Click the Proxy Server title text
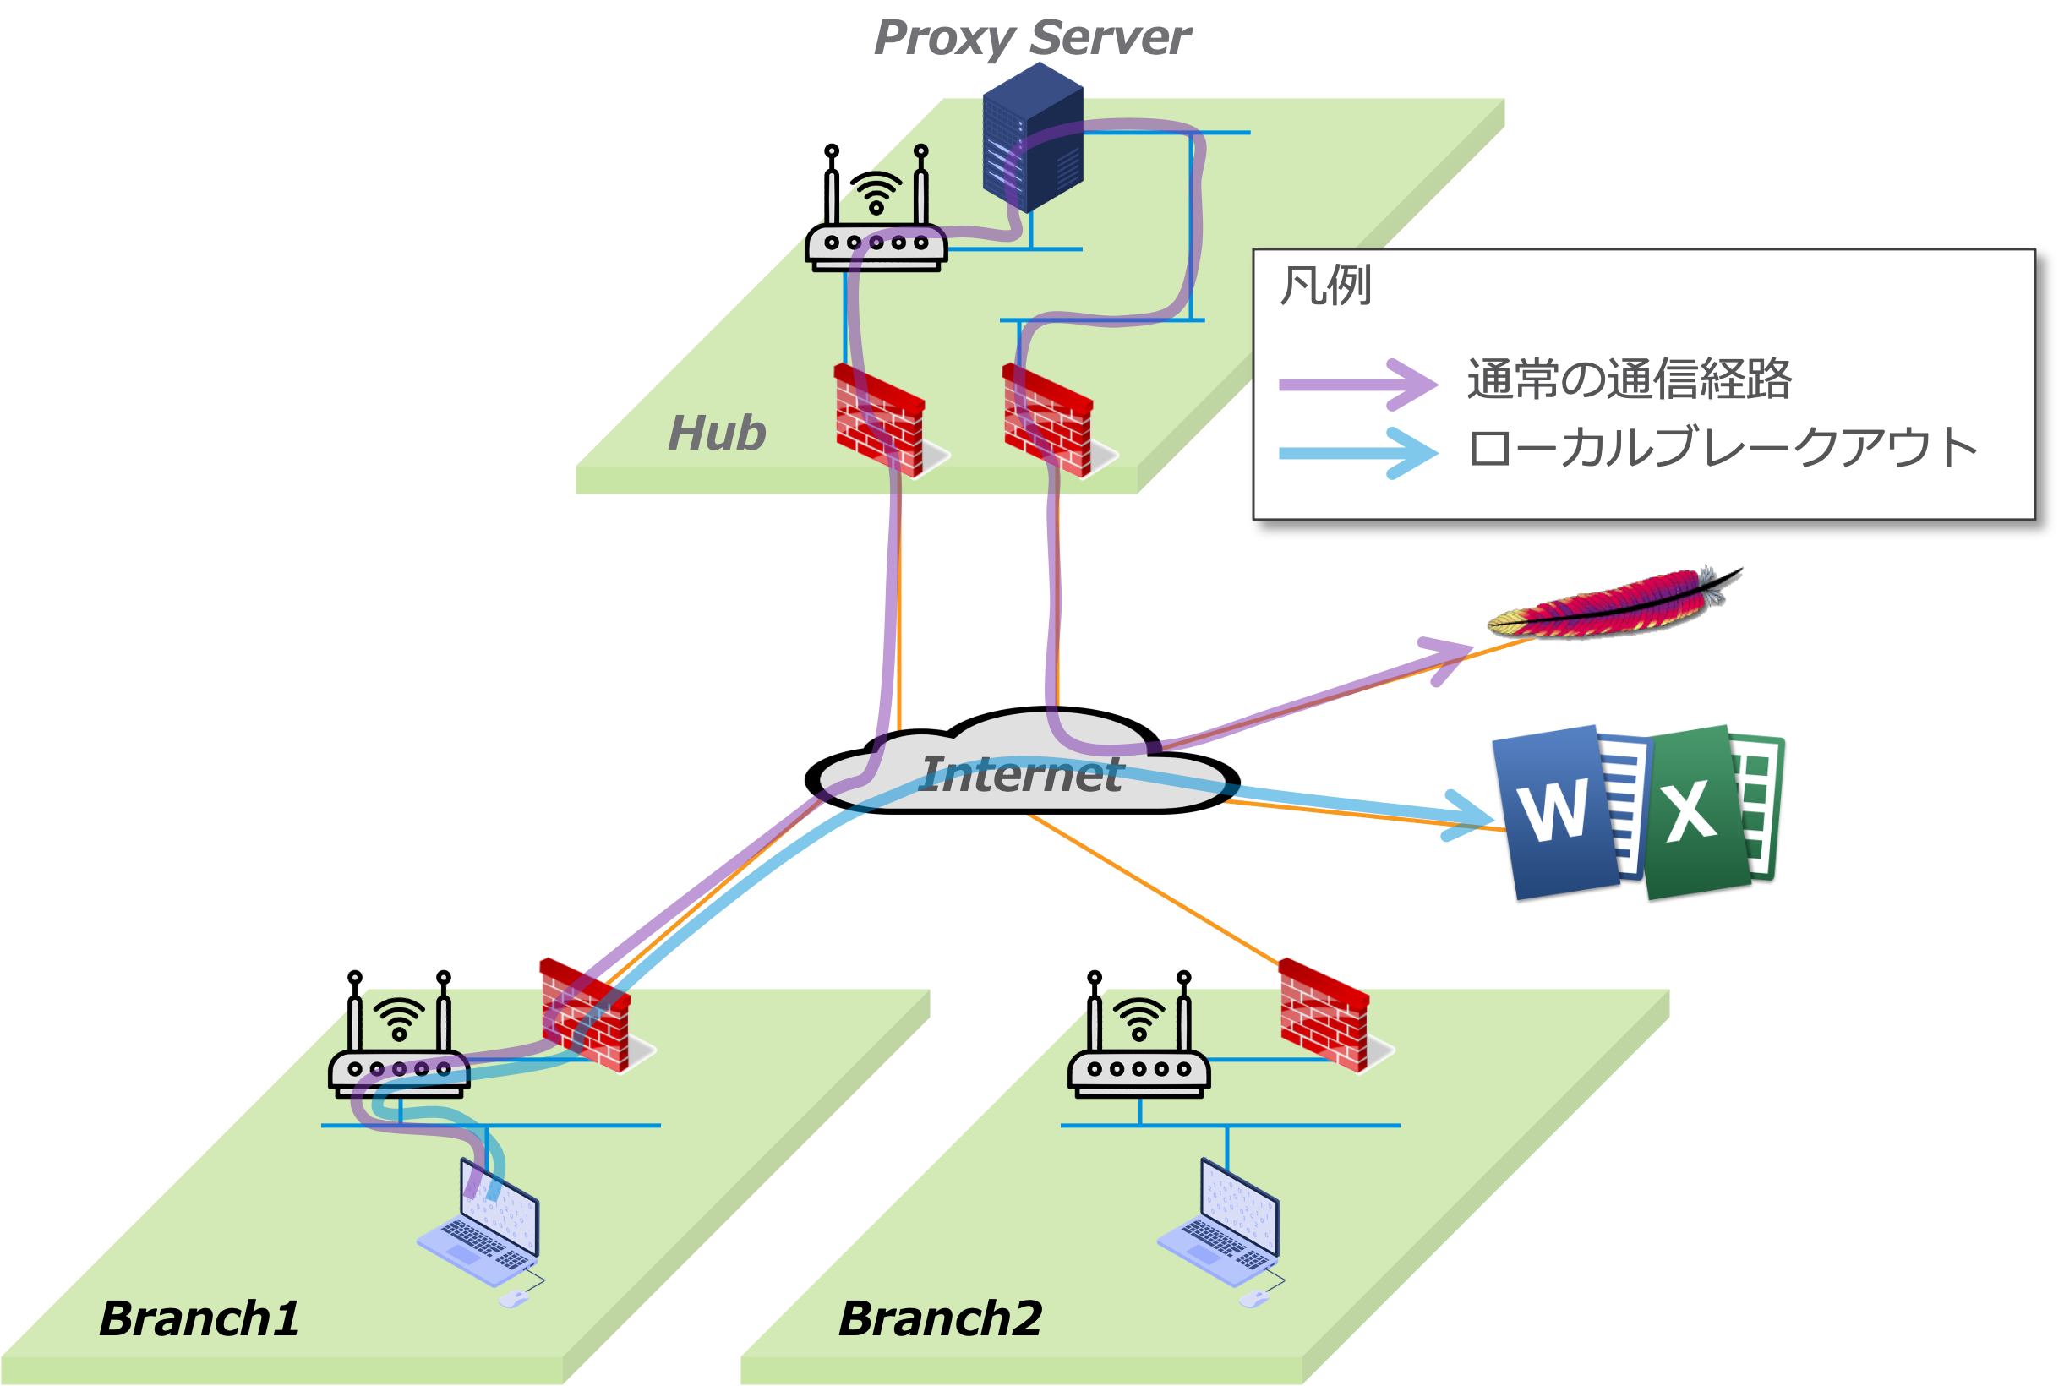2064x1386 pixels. coord(1031,38)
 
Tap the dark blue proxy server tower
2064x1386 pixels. coord(1033,137)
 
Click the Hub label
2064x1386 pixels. coord(716,433)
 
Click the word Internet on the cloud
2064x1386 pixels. coord(1021,774)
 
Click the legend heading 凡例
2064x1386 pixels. coord(1325,286)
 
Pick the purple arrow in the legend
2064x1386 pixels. coord(1357,385)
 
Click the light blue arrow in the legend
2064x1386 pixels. coord(1357,454)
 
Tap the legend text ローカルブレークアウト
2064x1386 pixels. coord(1721,448)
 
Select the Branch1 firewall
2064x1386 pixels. coord(587,1015)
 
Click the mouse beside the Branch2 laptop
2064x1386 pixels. coord(1253,1297)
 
